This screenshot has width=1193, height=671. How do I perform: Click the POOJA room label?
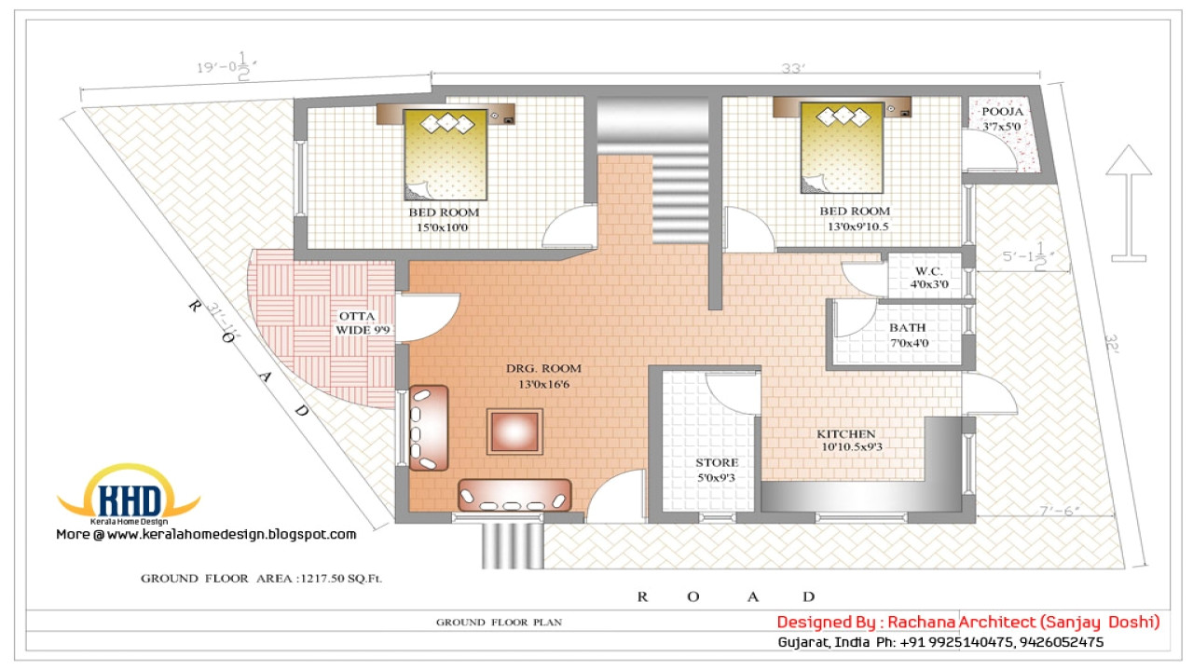click(x=1002, y=113)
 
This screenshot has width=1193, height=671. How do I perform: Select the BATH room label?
click(x=907, y=328)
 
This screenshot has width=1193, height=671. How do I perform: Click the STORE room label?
click(x=717, y=462)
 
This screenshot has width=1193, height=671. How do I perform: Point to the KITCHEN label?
click(x=845, y=434)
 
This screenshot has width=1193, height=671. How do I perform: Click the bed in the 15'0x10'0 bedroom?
click(x=445, y=154)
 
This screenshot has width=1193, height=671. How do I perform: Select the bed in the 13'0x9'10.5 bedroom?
click(x=842, y=148)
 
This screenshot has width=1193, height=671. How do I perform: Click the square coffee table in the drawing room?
click(x=514, y=431)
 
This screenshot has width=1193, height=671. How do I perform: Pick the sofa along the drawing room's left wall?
click(x=429, y=428)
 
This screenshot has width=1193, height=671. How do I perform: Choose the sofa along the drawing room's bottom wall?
click(x=514, y=495)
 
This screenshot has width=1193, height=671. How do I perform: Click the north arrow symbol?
click(x=1129, y=203)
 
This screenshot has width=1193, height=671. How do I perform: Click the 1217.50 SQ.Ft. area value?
click(x=340, y=579)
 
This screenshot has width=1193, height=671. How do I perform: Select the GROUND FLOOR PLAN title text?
click(x=499, y=622)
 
